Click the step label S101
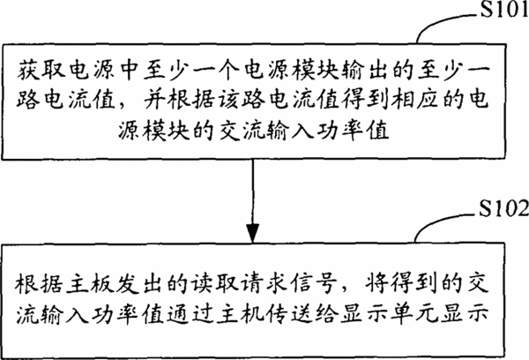[504, 10]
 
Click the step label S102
[504, 208]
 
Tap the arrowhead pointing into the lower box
[252, 233]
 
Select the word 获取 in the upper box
[41, 71]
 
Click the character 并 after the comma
[155, 101]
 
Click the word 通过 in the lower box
[190, 314]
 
